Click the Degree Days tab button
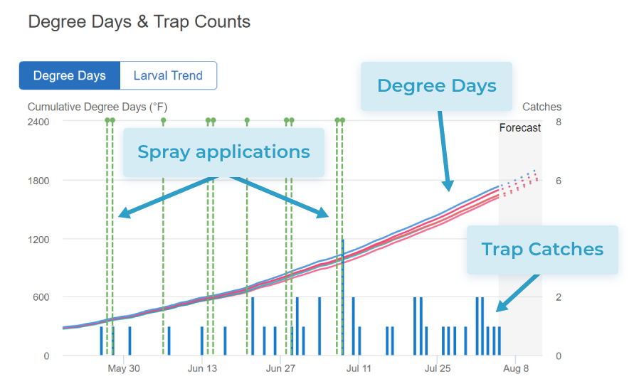tap(70, 76)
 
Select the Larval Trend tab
tap(168, 76)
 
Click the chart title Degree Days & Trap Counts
tap(139, 22)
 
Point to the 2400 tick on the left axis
tap(38, 122)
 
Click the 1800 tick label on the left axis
tap(38, 181)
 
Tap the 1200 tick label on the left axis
tap(38, 239)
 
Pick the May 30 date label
tap(124, 368)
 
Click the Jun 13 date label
tap(203, 368)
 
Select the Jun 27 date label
tap(280, 368)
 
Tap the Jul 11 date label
tap(359, 368)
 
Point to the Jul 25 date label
tap(438, 368)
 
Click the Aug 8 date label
tap(516, 368)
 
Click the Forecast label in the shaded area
tap(520, 128)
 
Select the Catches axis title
tap(541, 107)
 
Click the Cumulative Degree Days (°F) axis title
tap(97, 107)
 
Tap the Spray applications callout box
tap(223, 152)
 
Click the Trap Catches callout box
tap(542, 250)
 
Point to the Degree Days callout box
tap(436, 86)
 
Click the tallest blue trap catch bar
tap(343, 299)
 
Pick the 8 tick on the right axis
tap(559, 122)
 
